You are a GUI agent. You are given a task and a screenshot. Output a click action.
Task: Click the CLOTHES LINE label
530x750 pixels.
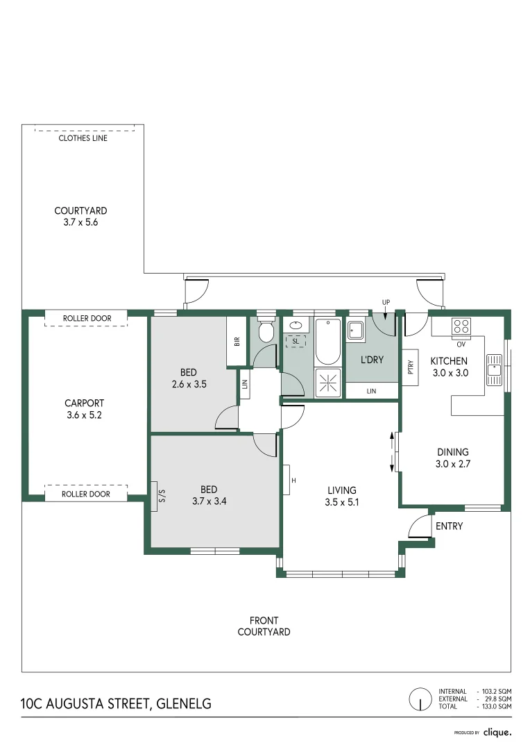(83, 137)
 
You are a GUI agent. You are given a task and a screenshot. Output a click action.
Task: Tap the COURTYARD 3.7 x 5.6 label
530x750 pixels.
(81, 217)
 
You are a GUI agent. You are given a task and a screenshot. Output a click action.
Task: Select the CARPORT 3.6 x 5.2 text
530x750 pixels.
(84, 409)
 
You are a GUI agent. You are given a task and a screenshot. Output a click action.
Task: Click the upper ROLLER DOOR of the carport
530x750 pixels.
(87, 318)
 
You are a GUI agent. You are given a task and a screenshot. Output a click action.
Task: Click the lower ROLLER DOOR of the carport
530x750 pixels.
(87, 494)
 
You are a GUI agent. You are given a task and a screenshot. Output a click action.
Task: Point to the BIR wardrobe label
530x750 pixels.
(237, 342)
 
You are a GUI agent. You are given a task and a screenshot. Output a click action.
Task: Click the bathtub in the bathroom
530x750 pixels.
(328, 342)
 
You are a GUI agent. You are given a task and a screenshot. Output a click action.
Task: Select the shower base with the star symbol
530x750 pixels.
(328, 383)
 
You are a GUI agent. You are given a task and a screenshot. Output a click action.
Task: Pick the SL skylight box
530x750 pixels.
(296, 341)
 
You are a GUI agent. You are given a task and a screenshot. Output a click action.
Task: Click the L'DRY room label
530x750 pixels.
(372, 360)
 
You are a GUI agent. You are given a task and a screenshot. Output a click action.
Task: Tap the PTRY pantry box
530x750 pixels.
(411, 366)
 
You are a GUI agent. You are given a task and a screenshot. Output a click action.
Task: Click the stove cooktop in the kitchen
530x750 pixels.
(461, 326)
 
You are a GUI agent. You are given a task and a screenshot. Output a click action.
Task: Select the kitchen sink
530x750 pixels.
(495, 369)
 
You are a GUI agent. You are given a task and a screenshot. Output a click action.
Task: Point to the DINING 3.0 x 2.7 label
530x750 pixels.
(452, 458)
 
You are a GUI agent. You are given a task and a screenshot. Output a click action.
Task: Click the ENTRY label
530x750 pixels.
(449, 526)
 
